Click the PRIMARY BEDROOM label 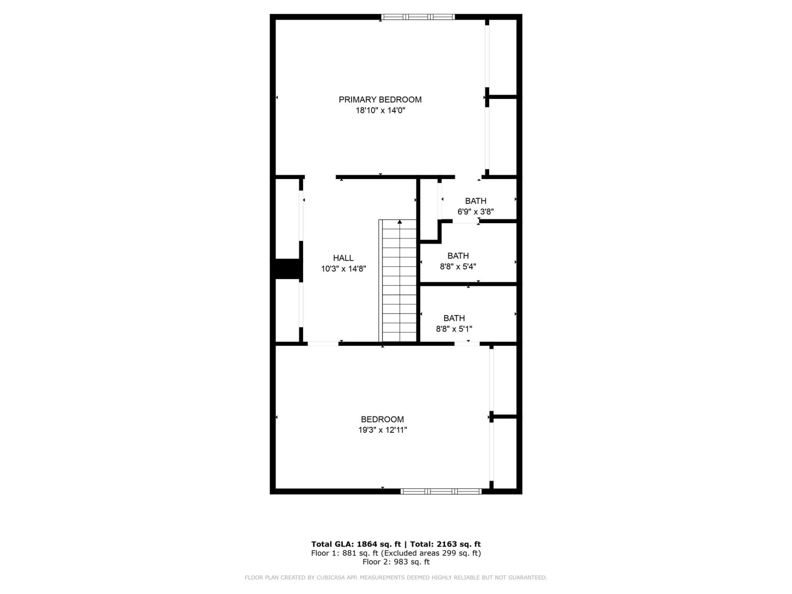[x=380, y=99]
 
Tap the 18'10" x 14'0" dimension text [x=380, y=111]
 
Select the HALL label [x=343, y=258]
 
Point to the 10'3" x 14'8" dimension [x=343, y=269]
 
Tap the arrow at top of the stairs [x=399, y=222]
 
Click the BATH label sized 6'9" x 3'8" [x=476, y=201]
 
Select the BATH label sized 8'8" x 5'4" [x=458, y=256]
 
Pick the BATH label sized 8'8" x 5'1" [x=454, y=318]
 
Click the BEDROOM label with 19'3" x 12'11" [x=382, y=420]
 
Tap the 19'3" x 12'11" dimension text [x=382, y=430]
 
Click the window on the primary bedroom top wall [x=417, y=17]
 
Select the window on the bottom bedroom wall [x=441, y=491]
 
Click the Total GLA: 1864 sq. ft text [x=356, y=544]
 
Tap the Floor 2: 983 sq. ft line [x=396, y=562]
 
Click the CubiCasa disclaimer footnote [x=396, y=577]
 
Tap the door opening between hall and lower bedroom [x=323, y=344]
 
